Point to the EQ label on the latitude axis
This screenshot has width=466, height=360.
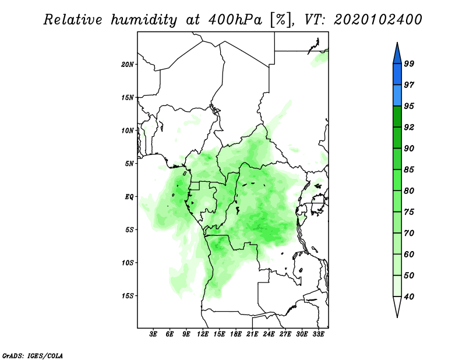tap(129, 196)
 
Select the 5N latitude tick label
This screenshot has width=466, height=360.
tap(130, 163)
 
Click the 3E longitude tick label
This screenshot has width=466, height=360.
tap(153, 334)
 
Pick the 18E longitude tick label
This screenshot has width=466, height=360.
tap(236, 334)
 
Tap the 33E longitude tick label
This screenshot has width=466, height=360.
tap(318, 334)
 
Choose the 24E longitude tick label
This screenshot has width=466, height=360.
tap(269, 334)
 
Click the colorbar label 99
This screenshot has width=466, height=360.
tap(409, 64)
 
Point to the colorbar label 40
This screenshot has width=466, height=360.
tap(409, 297)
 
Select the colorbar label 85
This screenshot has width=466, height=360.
tap(409, 170)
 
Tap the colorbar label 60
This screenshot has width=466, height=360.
tap(409, 255)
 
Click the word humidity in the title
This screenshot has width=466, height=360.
tap(143, 20)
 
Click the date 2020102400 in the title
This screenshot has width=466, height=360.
tap(378, 20)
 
